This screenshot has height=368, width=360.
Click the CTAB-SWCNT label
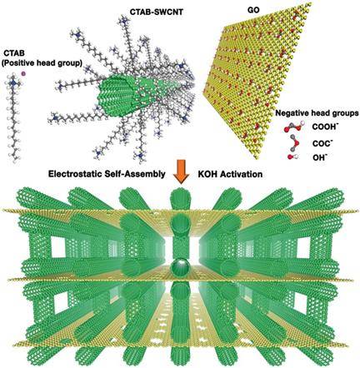(157, 12)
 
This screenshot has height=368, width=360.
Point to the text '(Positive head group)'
(42, 63)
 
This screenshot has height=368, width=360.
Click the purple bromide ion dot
(23, 73)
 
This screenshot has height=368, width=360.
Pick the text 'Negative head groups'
(317, 113)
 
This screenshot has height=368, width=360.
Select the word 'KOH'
(207, 174)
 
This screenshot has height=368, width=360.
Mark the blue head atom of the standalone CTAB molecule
(13, 82)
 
